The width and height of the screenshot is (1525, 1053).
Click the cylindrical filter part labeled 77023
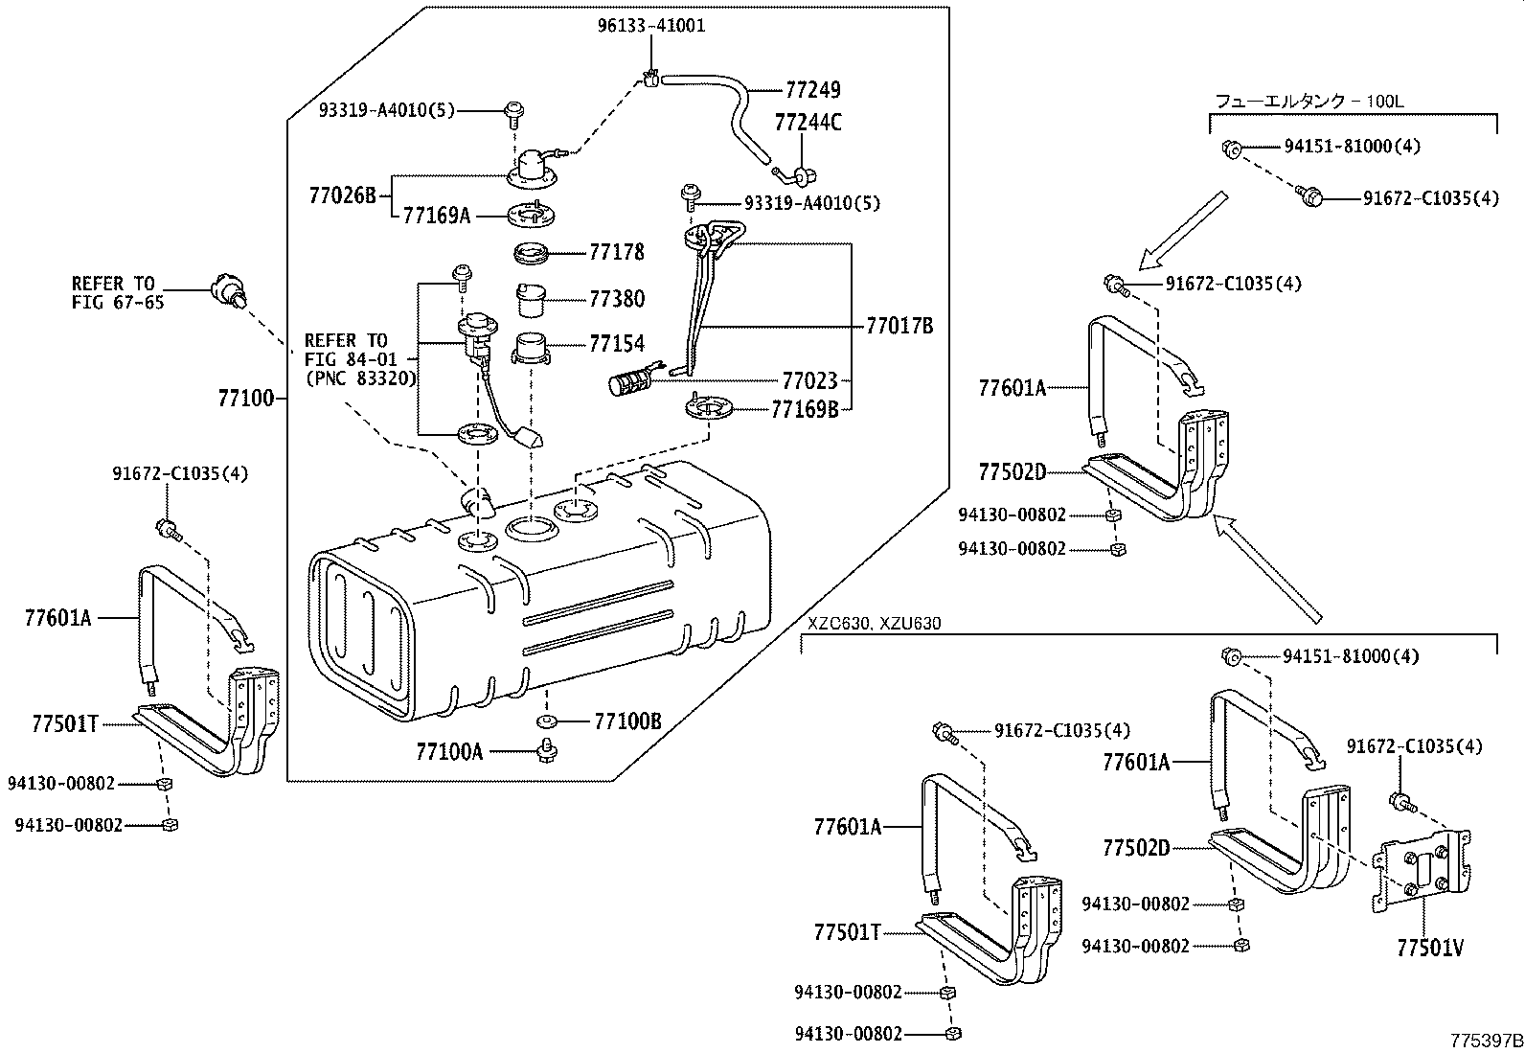[629, 384]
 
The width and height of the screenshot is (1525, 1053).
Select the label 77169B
[805, 410]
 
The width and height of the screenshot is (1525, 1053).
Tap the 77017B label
[899, 326]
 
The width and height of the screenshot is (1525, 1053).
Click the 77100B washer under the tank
[549, 721]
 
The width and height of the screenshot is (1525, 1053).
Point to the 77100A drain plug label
[449, 751]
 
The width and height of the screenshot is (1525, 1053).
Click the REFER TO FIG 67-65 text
[113, 293]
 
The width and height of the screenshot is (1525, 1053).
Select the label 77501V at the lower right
[1430, 949]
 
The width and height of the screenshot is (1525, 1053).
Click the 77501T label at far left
[65, 724]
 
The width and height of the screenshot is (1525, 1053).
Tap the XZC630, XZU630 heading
[874, 624]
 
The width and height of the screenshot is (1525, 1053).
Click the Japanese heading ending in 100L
[1309, 101]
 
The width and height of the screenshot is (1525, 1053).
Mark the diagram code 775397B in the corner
[1486, 1041]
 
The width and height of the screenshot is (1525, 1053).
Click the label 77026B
[343, 195]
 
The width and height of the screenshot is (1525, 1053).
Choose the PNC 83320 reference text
[360, 378]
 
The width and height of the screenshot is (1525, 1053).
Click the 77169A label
[437, 216]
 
